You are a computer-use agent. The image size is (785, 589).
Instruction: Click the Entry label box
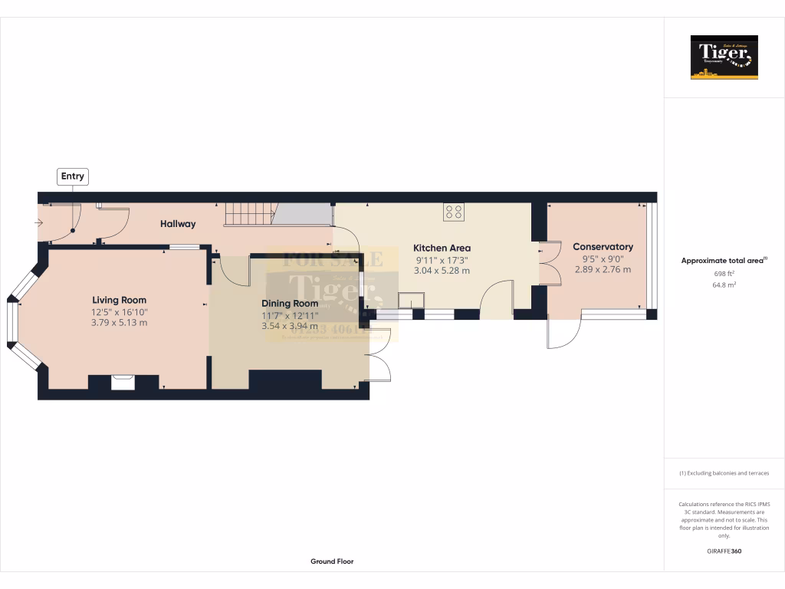[73, 176]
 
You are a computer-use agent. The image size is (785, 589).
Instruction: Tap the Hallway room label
[178, 224]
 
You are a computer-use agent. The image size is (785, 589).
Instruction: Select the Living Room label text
[119, 300]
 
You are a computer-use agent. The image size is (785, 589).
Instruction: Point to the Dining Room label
[290, 304]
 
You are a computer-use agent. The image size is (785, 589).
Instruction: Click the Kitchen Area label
[442, 248]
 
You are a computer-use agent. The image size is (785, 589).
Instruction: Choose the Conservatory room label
[603, 247]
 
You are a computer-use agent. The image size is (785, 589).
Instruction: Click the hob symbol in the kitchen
[453, 212]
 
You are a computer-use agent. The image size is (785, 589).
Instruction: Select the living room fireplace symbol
[123, 382]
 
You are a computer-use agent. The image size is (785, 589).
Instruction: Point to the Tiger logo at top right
[724, 57]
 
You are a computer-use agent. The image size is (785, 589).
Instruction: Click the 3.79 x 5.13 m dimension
[119, 323]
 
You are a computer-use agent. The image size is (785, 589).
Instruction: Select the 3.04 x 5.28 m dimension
[442, 270]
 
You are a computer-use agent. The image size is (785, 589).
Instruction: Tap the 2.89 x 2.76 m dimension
[603, 269]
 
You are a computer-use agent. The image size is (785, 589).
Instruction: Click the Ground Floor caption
[332, 561]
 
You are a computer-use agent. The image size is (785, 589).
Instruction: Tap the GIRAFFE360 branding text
[724, 551]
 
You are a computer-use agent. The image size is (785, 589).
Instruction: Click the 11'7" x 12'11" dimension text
[290, 315]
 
